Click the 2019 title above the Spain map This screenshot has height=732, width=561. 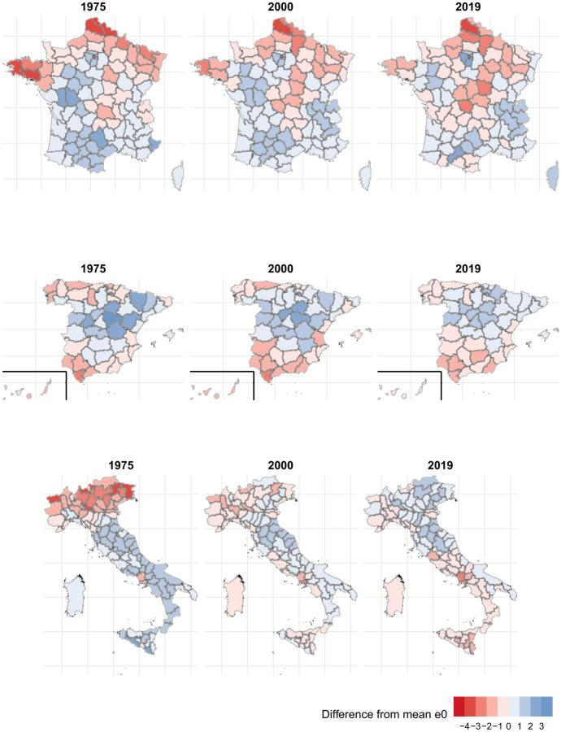(469, 268)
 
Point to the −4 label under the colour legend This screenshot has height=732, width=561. (463, 724)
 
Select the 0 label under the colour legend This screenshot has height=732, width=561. (507, 724)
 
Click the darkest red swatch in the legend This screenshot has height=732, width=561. (459, 705)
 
